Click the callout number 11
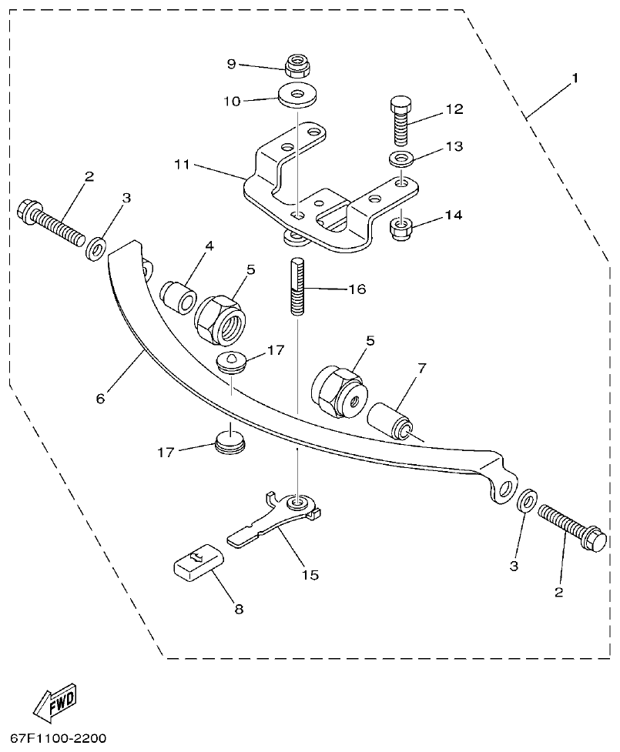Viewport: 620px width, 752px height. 182,165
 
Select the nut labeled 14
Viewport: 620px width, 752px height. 400,227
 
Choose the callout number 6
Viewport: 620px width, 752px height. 101,399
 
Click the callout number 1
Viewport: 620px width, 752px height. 575,79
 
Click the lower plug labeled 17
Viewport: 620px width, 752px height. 230,442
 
